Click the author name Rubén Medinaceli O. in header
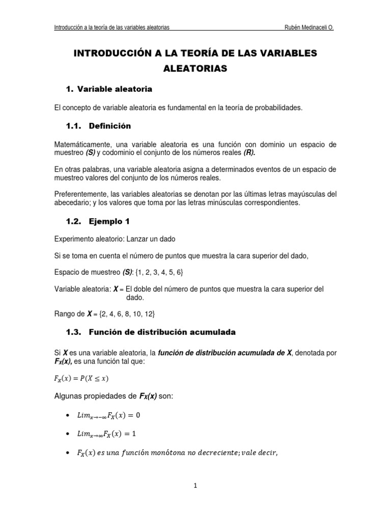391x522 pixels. [x=309, y=28]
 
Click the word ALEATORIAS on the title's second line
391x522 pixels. [x=195, y=69]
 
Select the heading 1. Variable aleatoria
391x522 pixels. [x=109, y=89]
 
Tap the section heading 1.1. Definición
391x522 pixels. [x=99, y=125]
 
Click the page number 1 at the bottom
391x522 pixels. [x=195, y=486]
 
